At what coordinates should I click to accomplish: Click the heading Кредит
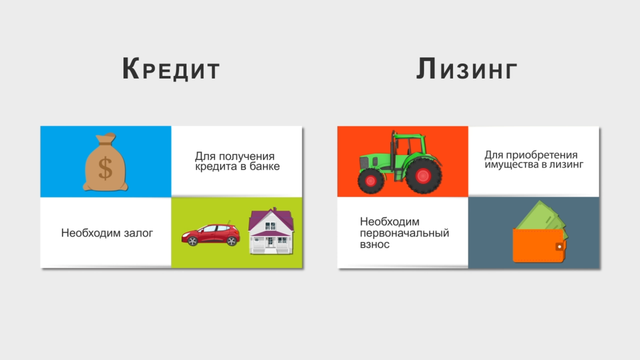coord(171,69)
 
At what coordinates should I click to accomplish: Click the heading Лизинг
coord(467,69)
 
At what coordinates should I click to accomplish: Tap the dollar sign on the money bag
coord(105,168)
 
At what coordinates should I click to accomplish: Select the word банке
coord(265,166)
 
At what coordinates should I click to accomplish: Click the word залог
coord(138,233)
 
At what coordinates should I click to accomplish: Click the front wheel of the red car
coord(193,241)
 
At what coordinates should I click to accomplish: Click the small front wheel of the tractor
coord(371,181)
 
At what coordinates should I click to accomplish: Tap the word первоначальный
coord(404,233)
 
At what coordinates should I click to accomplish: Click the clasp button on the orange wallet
coord(560,247)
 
